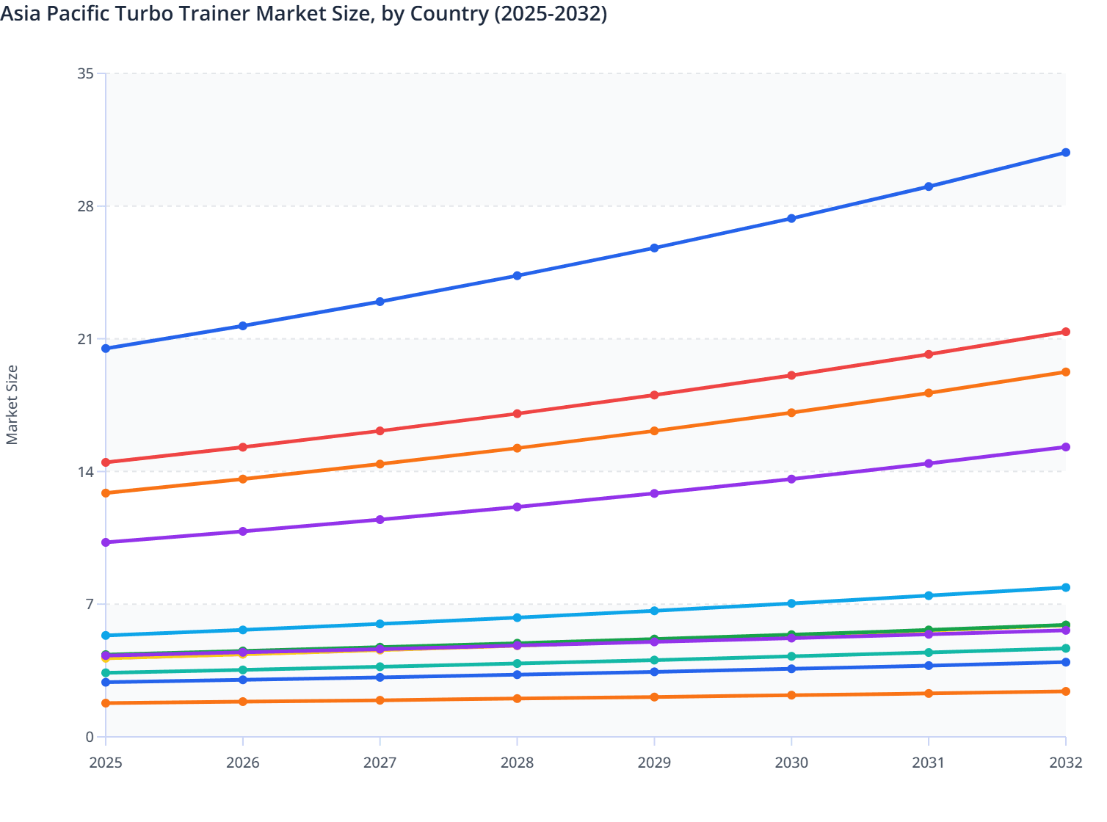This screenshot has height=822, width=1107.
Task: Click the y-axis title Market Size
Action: tap(12, 404)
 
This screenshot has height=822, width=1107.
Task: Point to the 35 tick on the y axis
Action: tap(85, 73)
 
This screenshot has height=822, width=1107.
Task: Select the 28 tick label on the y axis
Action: tap(85, 206)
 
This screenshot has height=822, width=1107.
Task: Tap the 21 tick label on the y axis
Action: tap(85, 339)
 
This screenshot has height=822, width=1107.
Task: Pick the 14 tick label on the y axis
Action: tap(85, 472)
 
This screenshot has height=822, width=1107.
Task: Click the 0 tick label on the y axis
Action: tap(90, 737)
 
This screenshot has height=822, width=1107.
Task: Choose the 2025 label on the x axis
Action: tap(106, 763)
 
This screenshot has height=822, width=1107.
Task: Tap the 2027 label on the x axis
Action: tap(380, 763)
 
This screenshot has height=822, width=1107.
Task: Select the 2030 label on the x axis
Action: tap(791, 763)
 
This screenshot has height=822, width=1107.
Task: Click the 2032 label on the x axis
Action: tap(1065, 763)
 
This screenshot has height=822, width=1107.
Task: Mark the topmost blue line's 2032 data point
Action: tap(1066, 153)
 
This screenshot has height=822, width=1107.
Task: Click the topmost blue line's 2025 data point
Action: tap(106, 349)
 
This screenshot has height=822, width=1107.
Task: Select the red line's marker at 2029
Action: tap(654, 395)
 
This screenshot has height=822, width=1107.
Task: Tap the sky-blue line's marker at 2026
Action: tap(243, 630)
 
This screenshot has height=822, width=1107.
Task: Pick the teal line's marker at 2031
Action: tap(929, 652)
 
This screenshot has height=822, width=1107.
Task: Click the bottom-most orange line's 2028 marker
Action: tap(517, 698)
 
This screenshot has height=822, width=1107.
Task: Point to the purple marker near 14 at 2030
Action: tap(791, 479)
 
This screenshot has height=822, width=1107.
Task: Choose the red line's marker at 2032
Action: tap(1066, 332)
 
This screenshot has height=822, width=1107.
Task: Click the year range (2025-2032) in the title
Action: tap(550, 13)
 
